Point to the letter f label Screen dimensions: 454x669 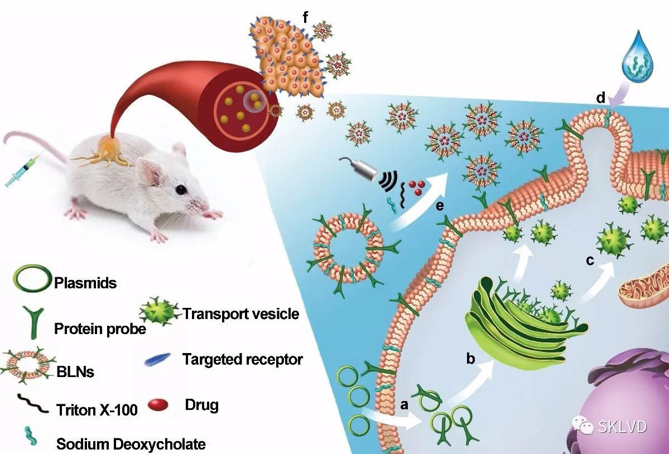coord(305,17)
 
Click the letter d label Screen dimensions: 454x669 coord(600,99)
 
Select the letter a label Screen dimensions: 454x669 coord(405,404)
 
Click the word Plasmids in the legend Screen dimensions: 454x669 coord(85,283)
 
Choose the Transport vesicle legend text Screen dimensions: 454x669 coord(241,313)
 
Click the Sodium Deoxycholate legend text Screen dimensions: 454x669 coord(131,444)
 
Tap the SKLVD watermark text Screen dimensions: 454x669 coord(622,427)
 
